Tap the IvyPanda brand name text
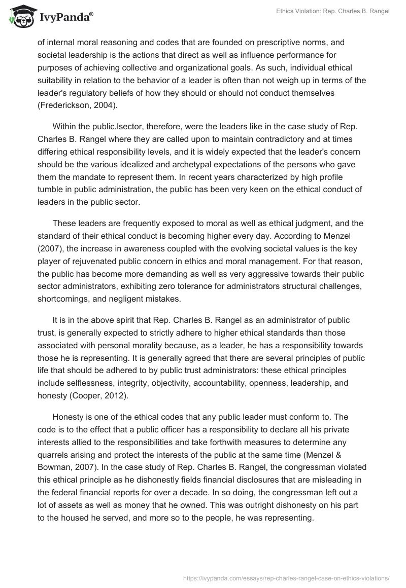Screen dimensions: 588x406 pos(66,17)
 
